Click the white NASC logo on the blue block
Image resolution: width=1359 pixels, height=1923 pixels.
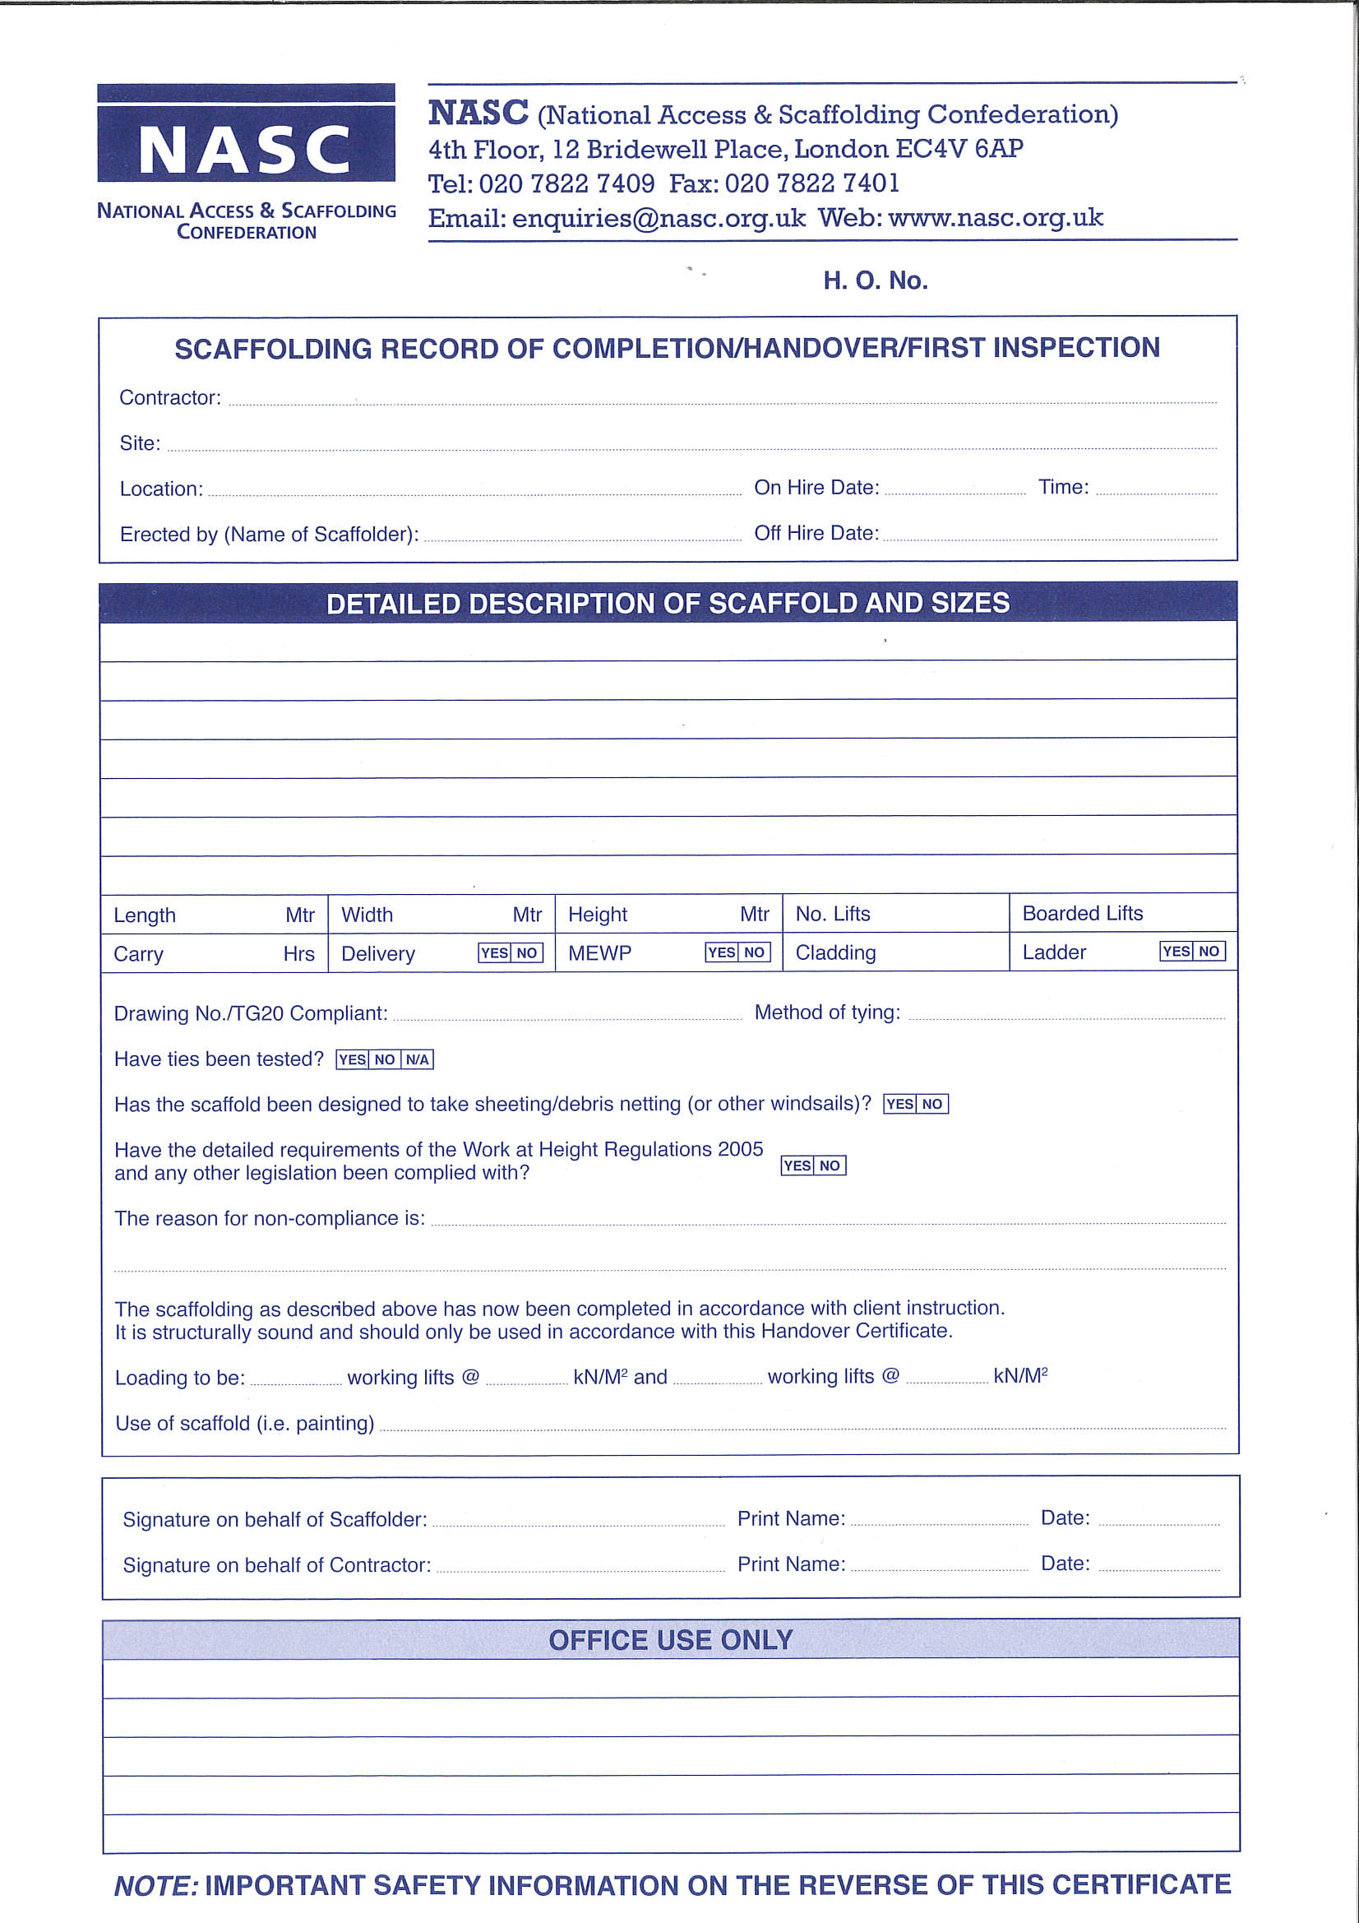click(x=244, y=151)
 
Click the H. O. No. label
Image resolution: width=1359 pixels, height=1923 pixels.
click(x=875, y=280)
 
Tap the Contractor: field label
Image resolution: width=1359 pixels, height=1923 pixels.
click(x=170, y=398)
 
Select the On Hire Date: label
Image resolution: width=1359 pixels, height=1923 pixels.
click(x=816, y=488)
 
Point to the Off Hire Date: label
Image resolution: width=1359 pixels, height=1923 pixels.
click(x=816, y=534)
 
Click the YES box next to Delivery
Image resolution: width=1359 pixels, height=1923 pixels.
click(x=494, y=953)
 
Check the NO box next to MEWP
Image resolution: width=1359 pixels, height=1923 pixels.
click(x=755, y=952)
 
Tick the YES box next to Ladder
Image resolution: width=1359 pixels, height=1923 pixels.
click(x=1176, y=952)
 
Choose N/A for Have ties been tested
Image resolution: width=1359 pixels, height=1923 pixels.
click(x=417, y=1059)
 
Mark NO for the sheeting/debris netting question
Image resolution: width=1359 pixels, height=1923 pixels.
click(x=932, y=1104)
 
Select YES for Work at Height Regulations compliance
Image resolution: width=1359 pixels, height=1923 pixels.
click(x=797, y=1165)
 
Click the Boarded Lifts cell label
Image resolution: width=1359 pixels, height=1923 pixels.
click(x=1082, y=913)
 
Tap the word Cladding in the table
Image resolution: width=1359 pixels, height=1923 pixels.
click(x=834, y=953)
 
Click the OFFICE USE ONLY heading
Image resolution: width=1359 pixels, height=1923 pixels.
click(x=670, y=1640)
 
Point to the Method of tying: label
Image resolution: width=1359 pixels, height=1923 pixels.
click(x=827, y=1012)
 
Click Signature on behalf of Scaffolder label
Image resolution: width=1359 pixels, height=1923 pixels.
click(x=275, y=1519)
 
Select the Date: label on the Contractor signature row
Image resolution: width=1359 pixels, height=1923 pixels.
click(x=1065, y=1564)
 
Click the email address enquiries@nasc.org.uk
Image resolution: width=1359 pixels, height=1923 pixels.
click(x=659, y=219)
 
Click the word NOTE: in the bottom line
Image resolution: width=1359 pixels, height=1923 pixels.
click(x=155, y=1885)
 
